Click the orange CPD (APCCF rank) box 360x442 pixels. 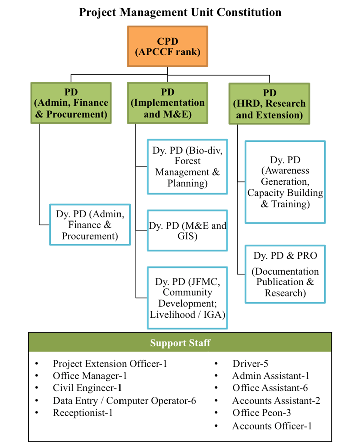click(x=167, y=46)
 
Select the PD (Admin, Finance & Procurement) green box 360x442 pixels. click(x=71, y=103)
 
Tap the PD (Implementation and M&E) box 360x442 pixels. click(x=167, y=103)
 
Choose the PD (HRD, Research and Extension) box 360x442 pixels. click(x=269, y=104)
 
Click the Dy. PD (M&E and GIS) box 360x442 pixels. click(x=187, y=231)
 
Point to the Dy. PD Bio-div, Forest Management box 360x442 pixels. click(x=187, y=167)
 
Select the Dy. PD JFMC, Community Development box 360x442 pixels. click(x=187, y=298)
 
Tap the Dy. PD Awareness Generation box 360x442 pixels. click(x=285, y=182)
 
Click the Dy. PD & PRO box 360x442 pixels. click(x=285, y=274)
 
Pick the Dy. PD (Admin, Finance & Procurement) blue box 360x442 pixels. click(x=90, y=225)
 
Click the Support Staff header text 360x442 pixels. click(x=180, y=343)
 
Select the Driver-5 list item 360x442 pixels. click(x=250, y=363)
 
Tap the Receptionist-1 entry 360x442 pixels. click(x=83, y=413)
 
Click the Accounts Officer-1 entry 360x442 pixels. click(x=272, y=426)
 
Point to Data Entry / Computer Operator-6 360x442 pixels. click(x=124, y=401)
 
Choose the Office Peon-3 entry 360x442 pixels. click(x=262, y=413)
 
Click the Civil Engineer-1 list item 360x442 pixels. click(x=87, y=388)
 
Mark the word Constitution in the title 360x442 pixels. click(x=249, y=12)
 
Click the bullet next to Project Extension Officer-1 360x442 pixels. click(x=37, y=364)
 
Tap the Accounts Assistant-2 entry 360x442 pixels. click(x=276, y=401)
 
